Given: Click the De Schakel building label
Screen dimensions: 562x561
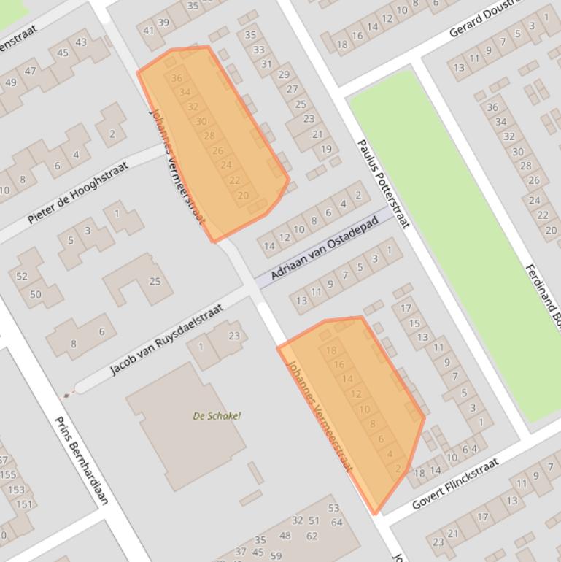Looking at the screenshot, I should (217, 416).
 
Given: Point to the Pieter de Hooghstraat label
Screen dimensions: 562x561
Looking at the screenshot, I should (77, 193).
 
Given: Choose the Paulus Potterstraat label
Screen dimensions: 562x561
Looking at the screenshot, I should (383, 183).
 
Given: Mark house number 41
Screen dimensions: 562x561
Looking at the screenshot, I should (149, 31).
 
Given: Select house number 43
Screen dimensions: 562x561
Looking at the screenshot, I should (81, 42).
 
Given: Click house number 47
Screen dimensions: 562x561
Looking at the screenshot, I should (30, 71).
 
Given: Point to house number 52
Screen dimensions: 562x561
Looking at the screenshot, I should (22, 277).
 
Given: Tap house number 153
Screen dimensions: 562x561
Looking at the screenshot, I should (15, 490).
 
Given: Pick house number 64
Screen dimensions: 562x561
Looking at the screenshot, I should (336, 522).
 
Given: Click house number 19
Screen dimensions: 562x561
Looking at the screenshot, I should (326, 150).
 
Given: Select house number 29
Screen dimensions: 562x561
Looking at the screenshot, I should (284, 74).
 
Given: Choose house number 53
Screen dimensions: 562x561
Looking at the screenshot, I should (333, 508).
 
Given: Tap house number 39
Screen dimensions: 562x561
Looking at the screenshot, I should (163, 23).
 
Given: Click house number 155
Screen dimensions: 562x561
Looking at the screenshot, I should (8, 474).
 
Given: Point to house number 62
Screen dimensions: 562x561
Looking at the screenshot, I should (312, 536).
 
